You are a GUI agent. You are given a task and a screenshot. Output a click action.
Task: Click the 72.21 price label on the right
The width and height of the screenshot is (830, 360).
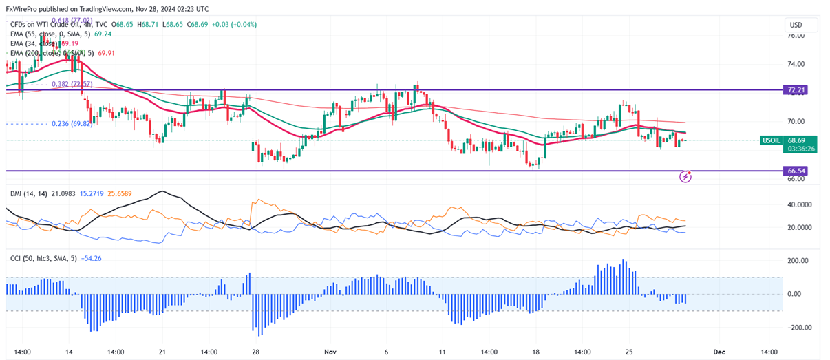pyautogui.click(x=797, y=90)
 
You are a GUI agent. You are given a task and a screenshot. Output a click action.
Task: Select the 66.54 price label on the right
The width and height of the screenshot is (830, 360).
pyautogui.click(x=797, y=170)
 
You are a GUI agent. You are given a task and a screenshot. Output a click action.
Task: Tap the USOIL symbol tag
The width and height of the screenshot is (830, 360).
pyautogui.click(x=772, y=140)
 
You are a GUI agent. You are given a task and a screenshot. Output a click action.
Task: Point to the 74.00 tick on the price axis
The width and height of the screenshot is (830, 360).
pyautogui.click(x=796, y=64)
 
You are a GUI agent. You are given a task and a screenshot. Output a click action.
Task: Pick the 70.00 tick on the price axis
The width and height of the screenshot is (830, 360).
pyautogui.click(x=796, y=121)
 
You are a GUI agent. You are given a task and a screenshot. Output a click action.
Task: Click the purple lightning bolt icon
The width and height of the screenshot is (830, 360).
pyautogui.click(x=685, y=177)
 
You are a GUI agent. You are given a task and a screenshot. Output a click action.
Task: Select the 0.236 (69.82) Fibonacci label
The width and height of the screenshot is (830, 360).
pyautogui.click(x=72, y=124)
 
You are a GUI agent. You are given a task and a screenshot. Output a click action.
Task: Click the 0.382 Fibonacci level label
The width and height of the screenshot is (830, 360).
pyautogui.click(x=72, y=84)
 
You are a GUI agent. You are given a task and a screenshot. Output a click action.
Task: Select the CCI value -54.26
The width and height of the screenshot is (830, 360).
pyautogui.click(x=92, y=258)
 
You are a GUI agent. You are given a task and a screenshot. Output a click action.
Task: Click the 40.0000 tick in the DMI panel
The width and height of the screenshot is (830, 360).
pyautogui.click(x=801, y=205)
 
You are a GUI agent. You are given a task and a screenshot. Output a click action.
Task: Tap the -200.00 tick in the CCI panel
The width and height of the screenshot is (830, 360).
pyautogui.click(x=798, y=328)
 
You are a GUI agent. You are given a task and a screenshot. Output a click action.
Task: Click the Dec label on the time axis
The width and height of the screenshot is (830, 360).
pyautogui.click(x=719, y=352)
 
